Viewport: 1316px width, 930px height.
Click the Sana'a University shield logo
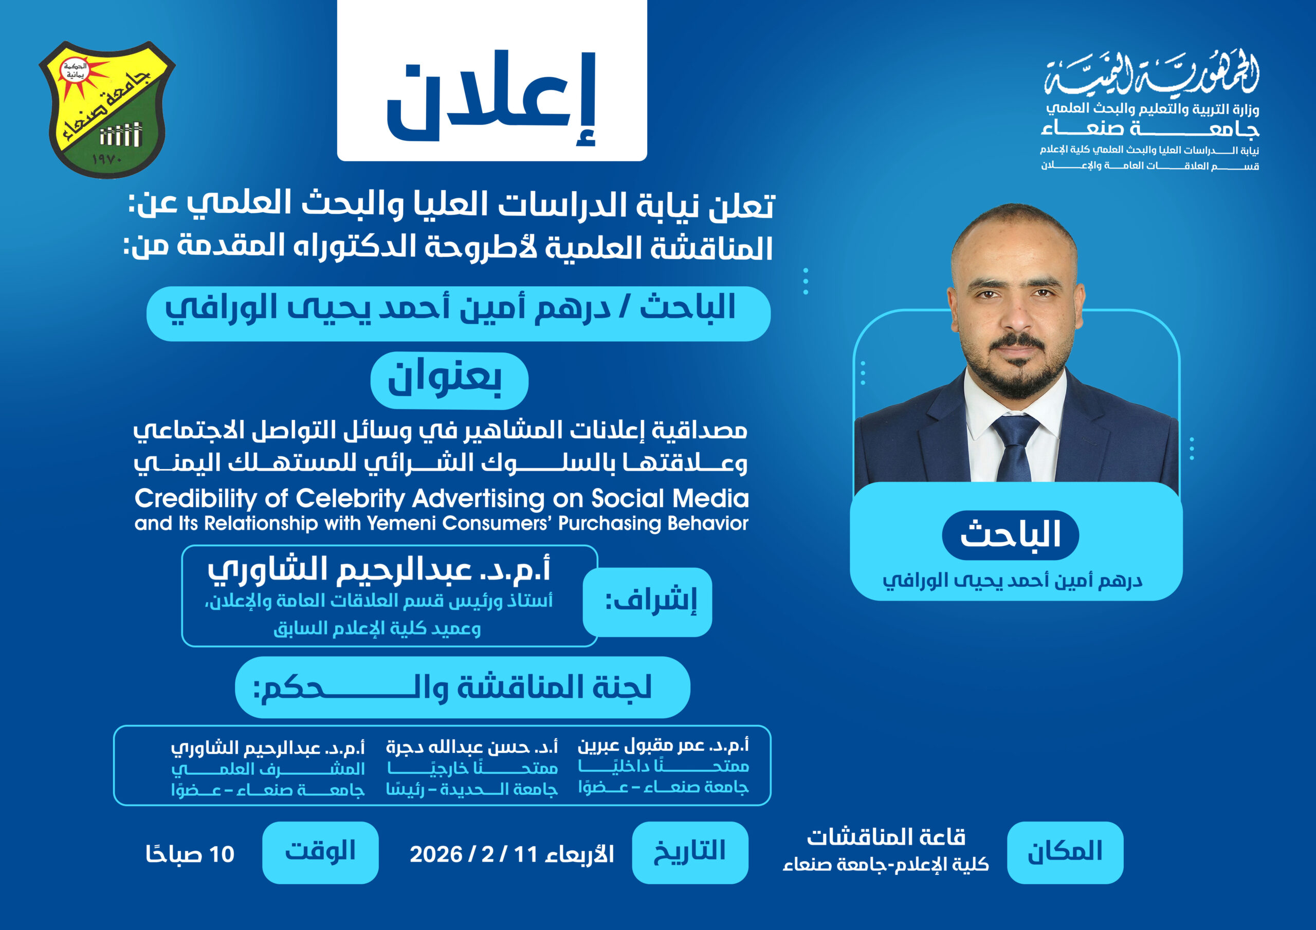coord(107,109)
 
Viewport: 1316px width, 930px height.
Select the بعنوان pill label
coord(449,381)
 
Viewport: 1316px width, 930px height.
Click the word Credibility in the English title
coord(195,499)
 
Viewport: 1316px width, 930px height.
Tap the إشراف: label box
coord(648,602)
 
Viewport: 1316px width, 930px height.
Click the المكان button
coord(1065,852)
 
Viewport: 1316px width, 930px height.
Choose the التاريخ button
coord(690,852)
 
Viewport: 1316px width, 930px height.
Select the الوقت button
coord(320,852)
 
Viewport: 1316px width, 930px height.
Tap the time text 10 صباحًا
coord(190,854)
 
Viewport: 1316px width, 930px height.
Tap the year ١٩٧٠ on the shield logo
coord(107,159)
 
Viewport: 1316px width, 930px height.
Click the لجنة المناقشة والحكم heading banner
coord(463,687)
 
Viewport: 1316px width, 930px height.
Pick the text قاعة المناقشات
coord(886,838)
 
